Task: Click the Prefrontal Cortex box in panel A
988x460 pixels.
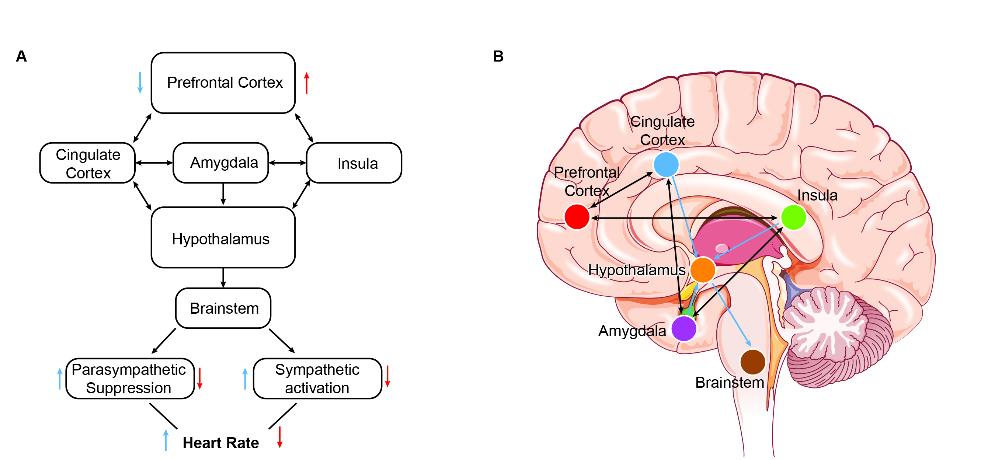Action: (223, 83)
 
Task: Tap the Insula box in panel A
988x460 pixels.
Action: (354, 163)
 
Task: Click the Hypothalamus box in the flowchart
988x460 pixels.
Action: (223, 238)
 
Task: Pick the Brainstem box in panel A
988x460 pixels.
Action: (223, 308)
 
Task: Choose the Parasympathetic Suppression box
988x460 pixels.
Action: (130, 379)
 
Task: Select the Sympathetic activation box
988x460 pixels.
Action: (317, 379)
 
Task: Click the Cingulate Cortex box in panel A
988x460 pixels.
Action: (87, 163)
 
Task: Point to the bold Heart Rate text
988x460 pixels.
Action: (220, 443)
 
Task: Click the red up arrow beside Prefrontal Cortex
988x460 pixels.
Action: (306, 83)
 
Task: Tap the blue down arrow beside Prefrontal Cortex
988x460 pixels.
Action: (140, 83)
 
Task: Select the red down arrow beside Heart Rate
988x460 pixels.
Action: (280, 437)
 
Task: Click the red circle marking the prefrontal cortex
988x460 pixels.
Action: (577, 217)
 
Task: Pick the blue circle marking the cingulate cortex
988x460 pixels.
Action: (666, 165)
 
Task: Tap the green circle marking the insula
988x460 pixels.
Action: (794, 217)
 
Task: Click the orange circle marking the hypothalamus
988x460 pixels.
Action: (703, 270)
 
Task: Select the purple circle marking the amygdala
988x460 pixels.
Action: (684, 328)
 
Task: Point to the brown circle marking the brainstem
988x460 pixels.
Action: (753, 362)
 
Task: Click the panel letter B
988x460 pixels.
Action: (498, 56)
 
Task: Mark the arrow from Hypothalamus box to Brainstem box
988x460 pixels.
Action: (223, 278)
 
